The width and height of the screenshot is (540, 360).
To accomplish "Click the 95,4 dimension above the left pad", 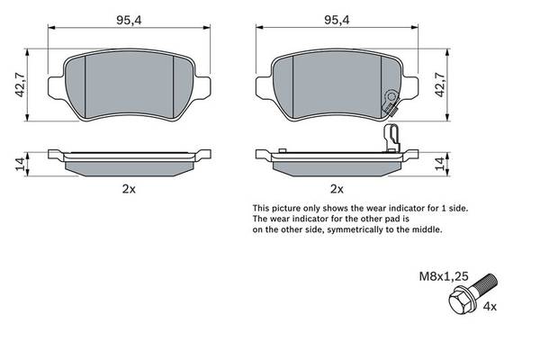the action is point(129,21).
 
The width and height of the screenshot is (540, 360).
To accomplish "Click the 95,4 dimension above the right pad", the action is point(337,21).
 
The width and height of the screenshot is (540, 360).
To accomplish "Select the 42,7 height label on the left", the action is point(21,85).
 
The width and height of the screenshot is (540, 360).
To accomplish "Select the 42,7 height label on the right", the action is point(440,85).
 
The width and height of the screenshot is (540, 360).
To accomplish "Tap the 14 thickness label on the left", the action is point(21,164).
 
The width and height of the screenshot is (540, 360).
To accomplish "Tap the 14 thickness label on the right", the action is point(440,164).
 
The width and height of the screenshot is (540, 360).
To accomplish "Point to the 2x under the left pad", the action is point(129,189).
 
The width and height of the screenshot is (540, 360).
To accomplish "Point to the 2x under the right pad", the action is point(337,189).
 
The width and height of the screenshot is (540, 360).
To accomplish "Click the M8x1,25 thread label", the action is point(444,276).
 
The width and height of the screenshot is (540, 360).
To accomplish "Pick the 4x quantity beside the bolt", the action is point(490,306).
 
